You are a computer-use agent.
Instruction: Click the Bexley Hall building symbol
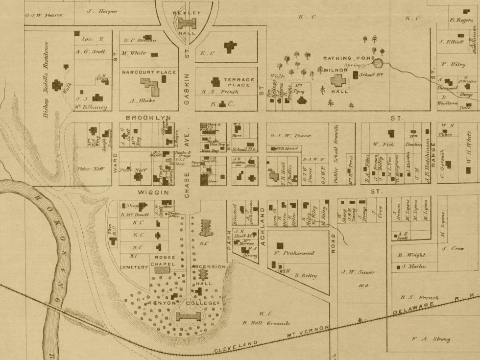(x=187, y=23)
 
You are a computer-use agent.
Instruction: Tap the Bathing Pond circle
(x=378, y=63)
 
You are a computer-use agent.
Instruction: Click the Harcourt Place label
(x=149, y=72)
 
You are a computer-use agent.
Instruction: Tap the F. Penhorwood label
(x=294, y=253)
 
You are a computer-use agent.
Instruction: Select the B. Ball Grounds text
(x=266, y=323)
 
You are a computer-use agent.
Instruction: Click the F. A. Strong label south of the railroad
(x=431, y=339)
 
